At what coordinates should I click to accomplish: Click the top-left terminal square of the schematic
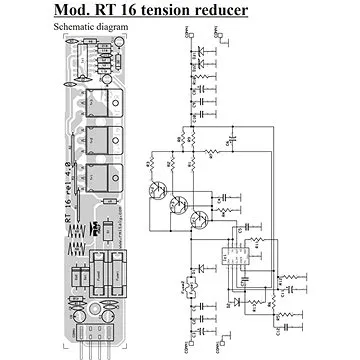tap(187, 35)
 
